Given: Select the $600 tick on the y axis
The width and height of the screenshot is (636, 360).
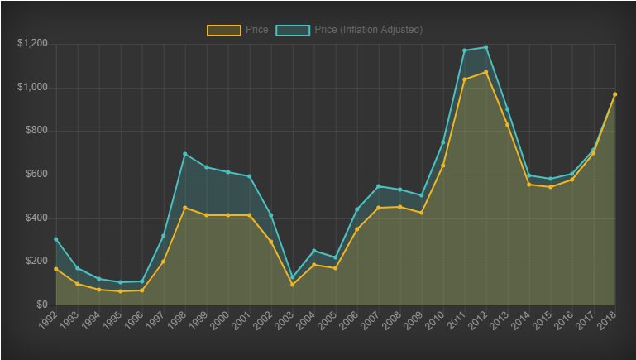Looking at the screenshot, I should pyautogui.click(x=36, y=175).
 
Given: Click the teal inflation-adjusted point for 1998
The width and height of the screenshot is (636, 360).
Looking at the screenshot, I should pyautogui.click(x=184, y=154).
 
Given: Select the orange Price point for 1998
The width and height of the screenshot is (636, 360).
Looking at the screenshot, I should pyautogui.click(x=184, y=208).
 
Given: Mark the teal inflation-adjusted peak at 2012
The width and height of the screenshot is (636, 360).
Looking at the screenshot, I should pyautogui.click(x=485, y=47).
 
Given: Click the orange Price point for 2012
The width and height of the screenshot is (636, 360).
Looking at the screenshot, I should pyautogui.click(x=485, y=72).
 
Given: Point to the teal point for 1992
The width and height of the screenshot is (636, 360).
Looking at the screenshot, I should pyautogui.click(x=55, y=239).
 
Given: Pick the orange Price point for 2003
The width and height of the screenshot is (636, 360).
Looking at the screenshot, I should pyautogui.click(x=292, y=285).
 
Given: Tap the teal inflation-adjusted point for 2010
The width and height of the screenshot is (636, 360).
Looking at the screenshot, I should pyautogui.click(x=442, y=142).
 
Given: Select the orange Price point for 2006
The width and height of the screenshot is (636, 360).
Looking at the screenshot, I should pyautogui.click(x=356, y=229).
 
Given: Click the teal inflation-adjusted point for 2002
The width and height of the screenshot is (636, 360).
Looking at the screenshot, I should pyautogui.click(x=270, y=215).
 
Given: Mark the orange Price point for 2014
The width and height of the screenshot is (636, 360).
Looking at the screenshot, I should pyautogui.click(x=528, y=185).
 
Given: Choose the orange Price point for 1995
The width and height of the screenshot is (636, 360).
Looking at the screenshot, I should pyautogui.click(x=120, y=291).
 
